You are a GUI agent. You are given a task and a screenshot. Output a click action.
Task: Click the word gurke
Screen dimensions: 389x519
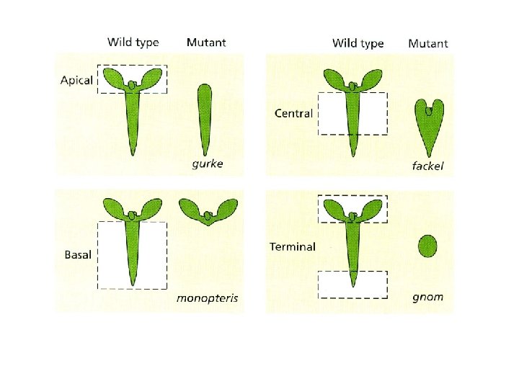pyautogui.click(x=208, y=164)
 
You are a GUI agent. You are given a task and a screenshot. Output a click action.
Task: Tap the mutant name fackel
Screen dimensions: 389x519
pyautogui.click(x=428, y=166)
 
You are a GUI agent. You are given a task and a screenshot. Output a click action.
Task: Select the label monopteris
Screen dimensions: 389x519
pyautogui.click(x=208, y=298)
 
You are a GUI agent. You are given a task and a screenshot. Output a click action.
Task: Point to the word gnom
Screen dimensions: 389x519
pyautogui.click(x=428, y=296)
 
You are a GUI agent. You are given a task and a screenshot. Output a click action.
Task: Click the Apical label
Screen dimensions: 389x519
pyautogui.click(x=77, y=80)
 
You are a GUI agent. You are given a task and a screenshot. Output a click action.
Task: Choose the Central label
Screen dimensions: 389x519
pyautogui.click(x=294, y=113)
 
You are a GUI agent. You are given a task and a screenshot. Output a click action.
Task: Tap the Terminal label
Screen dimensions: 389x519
pyautogui.click(x=293, y=246)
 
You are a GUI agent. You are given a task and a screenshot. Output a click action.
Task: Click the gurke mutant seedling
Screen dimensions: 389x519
pyautogui.click(x=203, y=115)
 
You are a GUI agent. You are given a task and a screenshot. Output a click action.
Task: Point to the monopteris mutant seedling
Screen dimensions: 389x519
pyautogui.click(x=208, y=211)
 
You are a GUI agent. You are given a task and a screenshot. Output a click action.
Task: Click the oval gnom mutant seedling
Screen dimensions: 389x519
pyautogui.click(x=428, y=246)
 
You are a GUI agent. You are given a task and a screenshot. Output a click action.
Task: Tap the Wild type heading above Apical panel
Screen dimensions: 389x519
pyautogui.click(x=133, y=42)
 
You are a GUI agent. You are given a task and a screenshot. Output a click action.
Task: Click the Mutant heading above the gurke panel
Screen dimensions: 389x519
pyautogui.click(x=206, y=42)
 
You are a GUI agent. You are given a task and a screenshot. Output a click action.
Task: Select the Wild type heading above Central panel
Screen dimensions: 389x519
pyautogui.click(x=358, y=43)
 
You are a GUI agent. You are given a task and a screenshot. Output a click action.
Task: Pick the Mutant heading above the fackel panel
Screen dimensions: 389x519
pyautogui.click(x=428, y=43)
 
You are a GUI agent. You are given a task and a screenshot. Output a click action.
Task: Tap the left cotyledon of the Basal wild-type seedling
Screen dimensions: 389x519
pyautogui.click(x=115, y=208)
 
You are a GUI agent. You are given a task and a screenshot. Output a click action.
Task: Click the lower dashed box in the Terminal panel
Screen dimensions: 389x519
pyautogui.click(x=353, y=284)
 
